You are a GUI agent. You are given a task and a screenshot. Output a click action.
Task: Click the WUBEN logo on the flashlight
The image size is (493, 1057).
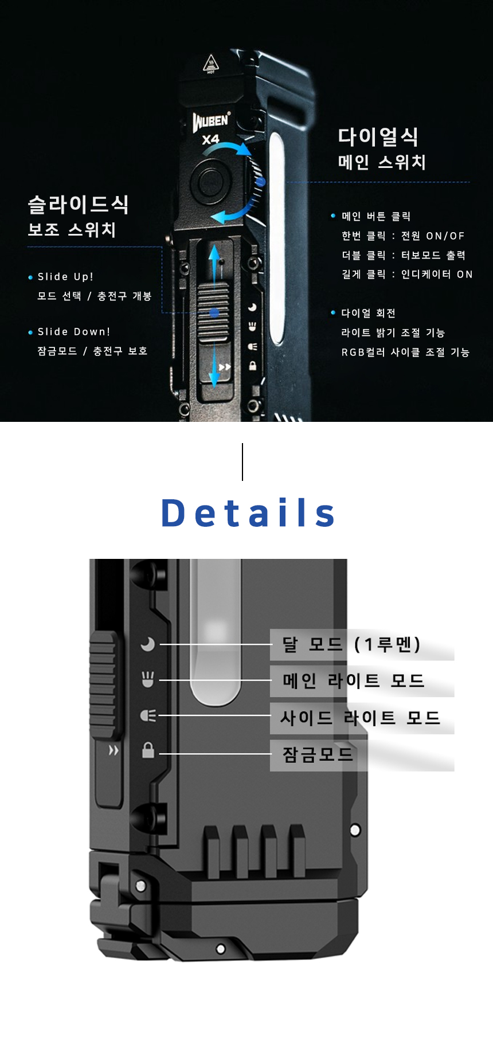tap(211, 121)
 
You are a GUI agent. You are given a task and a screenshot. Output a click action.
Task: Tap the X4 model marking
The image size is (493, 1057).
tap(210, 139)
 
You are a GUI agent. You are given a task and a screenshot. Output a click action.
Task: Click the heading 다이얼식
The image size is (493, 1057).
tap(378, 137)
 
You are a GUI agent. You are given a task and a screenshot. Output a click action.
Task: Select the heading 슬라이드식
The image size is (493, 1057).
tap(79, 205)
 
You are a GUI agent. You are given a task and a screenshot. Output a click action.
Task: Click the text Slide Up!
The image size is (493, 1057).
tap(65, 277)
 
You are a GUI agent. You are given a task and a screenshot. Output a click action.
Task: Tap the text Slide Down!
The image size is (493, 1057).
tap(74, 332)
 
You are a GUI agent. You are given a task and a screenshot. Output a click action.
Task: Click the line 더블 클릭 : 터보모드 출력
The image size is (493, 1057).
tap(404, 255)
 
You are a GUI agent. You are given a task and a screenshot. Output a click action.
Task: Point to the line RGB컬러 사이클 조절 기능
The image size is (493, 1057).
tap(405, 352)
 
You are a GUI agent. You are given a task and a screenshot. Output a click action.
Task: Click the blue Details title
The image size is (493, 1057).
tap(248, 513)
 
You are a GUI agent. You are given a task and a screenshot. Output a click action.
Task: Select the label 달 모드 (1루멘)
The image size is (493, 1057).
tap(351, 644)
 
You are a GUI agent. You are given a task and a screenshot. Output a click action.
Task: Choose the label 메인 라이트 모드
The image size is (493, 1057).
tap(353, 681)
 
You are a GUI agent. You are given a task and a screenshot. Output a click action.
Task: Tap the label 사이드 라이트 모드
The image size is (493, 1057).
tap(360, 718)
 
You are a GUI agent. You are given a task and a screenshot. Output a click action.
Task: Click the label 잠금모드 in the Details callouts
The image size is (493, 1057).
tap(318, 754)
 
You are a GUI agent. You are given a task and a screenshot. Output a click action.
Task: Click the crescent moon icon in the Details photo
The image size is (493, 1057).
tap(148, 644)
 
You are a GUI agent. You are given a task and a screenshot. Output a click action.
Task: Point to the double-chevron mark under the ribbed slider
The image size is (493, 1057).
tap(114, 750)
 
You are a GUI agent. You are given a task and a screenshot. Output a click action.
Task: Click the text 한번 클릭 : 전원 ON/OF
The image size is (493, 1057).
tap(403, 236)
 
